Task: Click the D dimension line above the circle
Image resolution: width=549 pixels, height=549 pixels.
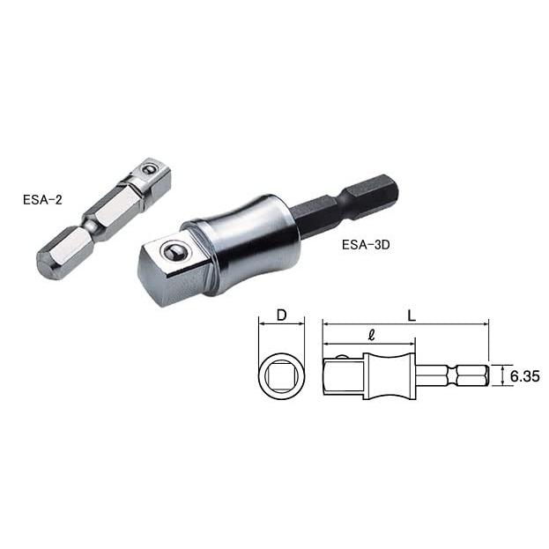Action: pyautogui.click(x=281, y=324)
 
